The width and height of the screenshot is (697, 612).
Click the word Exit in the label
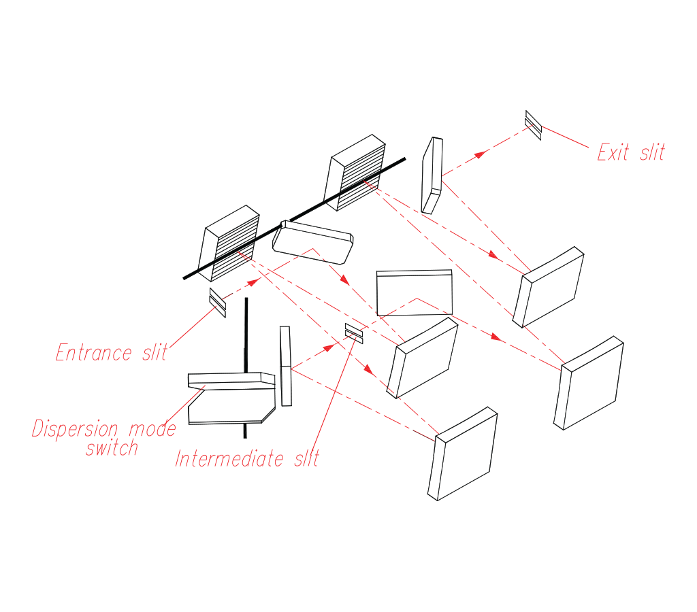coord(613,152)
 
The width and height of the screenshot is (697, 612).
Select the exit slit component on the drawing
coord(533,124)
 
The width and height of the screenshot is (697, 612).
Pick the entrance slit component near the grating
coord(217,303)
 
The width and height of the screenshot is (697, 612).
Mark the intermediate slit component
coord(354,333)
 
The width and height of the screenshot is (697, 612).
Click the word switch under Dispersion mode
coord(112,448)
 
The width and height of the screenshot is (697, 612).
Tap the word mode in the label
coord(150,429)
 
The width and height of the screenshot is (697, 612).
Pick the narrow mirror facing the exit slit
coord(432,175)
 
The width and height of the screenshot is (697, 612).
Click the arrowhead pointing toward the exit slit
coord(480,154)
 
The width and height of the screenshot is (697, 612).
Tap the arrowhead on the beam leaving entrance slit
coord(254,281)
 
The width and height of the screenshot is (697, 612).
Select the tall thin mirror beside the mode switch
coord(286,366)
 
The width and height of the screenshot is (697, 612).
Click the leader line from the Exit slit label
coord(565,137)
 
